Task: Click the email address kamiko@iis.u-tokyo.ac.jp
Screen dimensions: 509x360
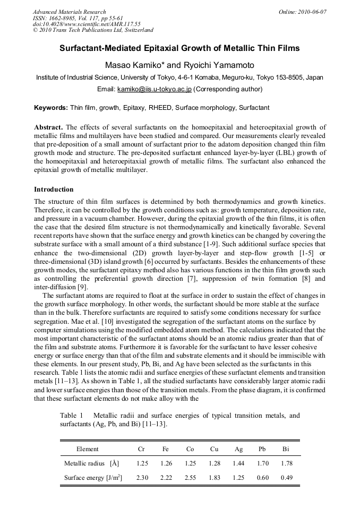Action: point(154,89)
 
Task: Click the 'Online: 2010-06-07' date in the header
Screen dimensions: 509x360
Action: point(303,12)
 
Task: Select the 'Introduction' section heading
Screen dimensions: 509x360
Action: point(54,189)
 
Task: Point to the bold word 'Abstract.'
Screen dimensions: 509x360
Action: point(49,128)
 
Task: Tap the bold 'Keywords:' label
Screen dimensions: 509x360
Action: point(51,108)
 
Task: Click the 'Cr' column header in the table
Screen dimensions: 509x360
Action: point(141,449)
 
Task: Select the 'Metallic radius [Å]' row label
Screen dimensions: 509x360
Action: point(91,463)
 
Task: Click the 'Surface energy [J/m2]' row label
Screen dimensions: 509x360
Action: point(93,478)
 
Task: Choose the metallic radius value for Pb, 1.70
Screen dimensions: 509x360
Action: point(263,463)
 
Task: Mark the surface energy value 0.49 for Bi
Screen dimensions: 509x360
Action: point(287,478)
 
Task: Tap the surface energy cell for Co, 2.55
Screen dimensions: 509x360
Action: point(190,478)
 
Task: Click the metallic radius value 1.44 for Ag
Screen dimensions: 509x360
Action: point(239,463)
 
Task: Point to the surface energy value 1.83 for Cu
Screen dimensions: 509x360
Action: point(215,478)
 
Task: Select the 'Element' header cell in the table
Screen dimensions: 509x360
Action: point(87,449)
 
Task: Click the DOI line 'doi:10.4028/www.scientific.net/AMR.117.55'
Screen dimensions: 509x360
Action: point(87,24)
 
